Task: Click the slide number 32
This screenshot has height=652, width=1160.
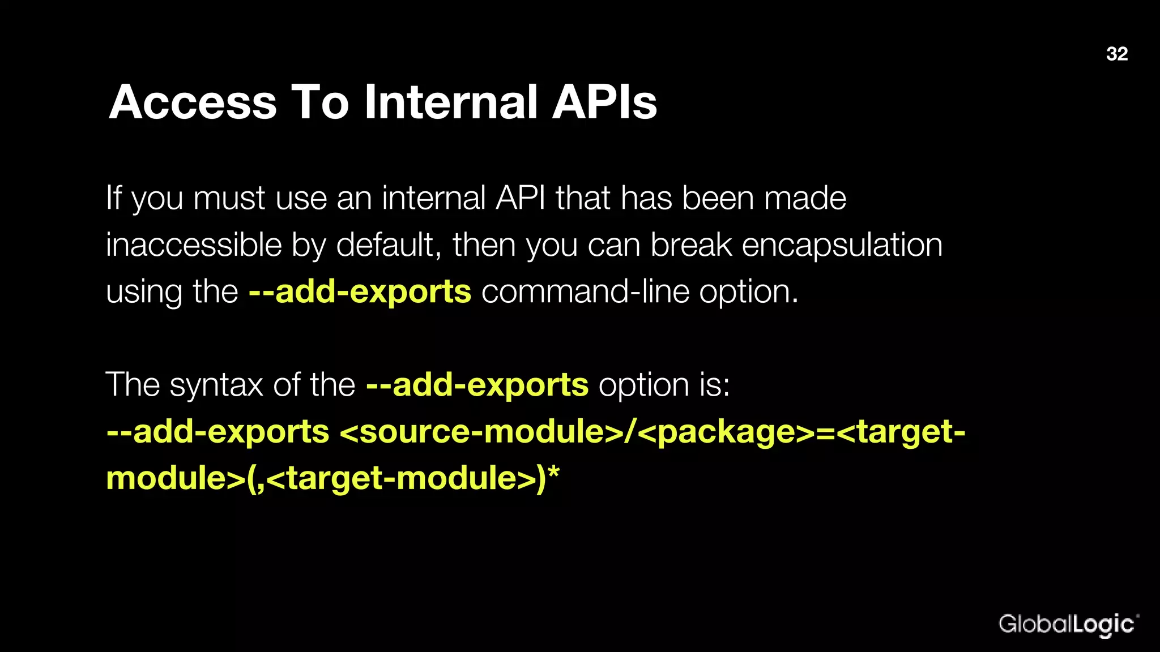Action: [1116, 54]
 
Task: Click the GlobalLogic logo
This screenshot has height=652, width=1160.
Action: [1068, 624]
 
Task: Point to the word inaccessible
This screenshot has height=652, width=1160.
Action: [194, 245]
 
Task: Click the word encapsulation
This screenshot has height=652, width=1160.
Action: [842, 246]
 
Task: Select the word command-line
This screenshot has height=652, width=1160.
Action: [585, 292]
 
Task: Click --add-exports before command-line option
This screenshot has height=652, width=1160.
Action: [360, 292]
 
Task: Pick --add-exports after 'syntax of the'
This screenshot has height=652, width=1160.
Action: [477, 385]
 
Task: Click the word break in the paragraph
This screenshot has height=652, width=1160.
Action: [691, 245]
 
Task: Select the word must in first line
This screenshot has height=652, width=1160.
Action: [229, 199]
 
